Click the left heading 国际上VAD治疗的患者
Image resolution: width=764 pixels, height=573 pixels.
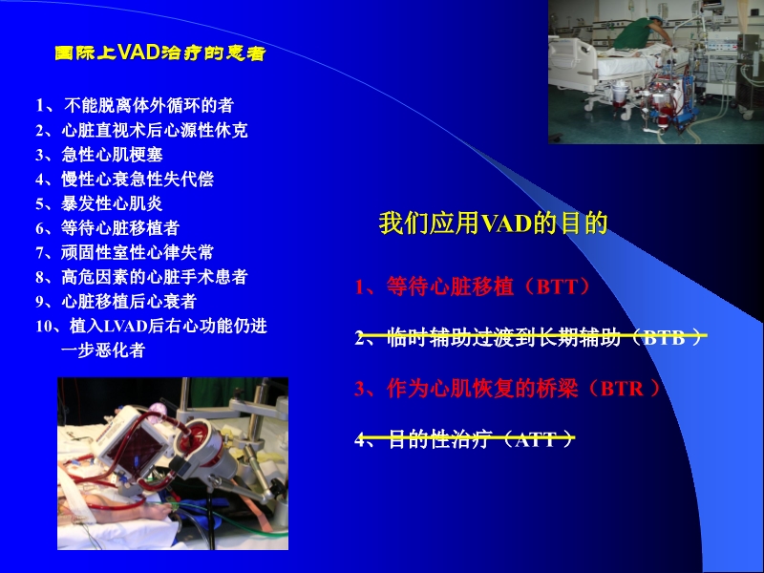160,53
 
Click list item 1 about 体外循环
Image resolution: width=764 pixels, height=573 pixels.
135,105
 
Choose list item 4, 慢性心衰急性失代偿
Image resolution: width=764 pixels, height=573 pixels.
125,180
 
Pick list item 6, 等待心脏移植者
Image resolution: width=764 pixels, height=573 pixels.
108,228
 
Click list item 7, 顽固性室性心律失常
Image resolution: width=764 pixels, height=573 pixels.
125,252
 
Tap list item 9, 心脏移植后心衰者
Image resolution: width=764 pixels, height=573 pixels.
116,302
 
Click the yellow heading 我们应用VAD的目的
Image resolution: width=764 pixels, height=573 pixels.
494,224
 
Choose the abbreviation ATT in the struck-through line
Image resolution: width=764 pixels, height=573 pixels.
537,440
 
